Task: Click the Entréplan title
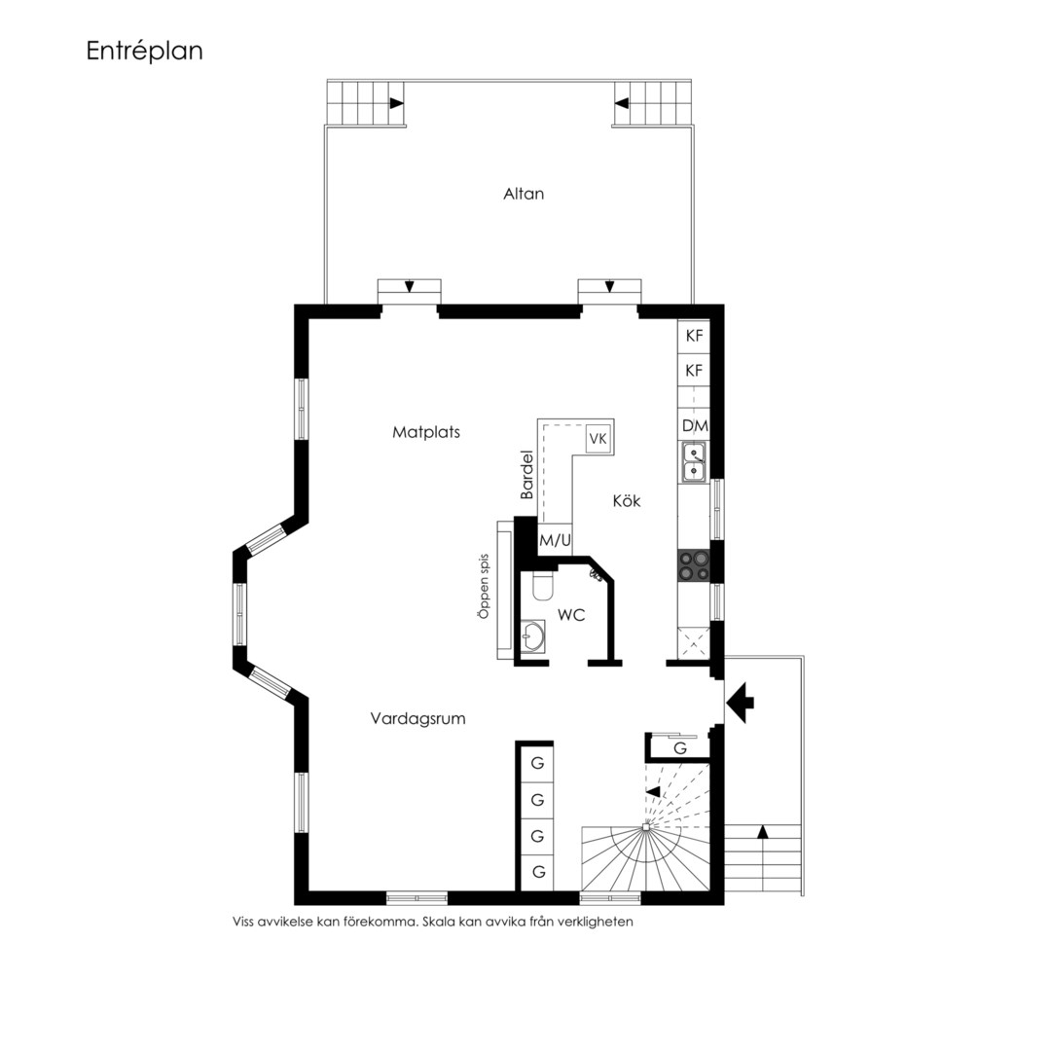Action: point(144,52)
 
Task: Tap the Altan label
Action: point(524,194)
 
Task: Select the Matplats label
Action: point(426,432)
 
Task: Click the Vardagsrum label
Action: point(418,719)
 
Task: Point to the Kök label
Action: point(627,501)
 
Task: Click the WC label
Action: point(571,614)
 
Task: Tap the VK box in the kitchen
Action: point(598,438)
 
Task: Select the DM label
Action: point(695,425)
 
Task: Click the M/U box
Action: point(555,539)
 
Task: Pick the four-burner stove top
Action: point(694,565)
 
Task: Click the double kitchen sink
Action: point(694,462)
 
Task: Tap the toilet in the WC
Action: point(541,587)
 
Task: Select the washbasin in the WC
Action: point(533,635)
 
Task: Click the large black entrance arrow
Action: point(740,703)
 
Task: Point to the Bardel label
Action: point(526,475)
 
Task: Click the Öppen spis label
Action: point(484,586)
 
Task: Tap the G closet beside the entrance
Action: point(679,748)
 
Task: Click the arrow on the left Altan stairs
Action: point(397,103)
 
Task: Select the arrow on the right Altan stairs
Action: point(621,103)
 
